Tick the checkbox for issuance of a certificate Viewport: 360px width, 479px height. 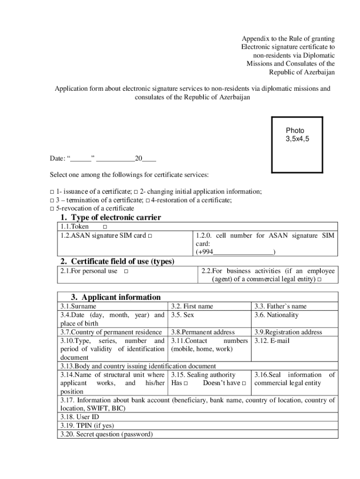(52, 192)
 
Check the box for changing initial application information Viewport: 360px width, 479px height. (136, 192)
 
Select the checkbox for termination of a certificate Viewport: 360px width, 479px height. (52, 200)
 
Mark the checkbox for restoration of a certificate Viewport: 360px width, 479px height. (147, 200)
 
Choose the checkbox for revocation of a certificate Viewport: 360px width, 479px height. (52, 209)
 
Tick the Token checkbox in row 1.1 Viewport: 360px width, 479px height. (104, 227)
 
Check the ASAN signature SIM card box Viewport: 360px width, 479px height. (150, 236)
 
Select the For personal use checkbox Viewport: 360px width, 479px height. (126, 271)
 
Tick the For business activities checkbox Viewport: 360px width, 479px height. (319, 280)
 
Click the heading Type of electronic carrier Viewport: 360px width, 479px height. (111, 218)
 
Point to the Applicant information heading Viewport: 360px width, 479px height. (115, 297)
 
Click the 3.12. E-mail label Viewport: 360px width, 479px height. (272, 341)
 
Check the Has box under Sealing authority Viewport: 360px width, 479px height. (186, 384)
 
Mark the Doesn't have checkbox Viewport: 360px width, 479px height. (244, 384)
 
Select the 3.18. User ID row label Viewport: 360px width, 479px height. (79, 417)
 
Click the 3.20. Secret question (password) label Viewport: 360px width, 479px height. (106, 435)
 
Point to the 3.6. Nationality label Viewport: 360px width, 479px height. (276, 315)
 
